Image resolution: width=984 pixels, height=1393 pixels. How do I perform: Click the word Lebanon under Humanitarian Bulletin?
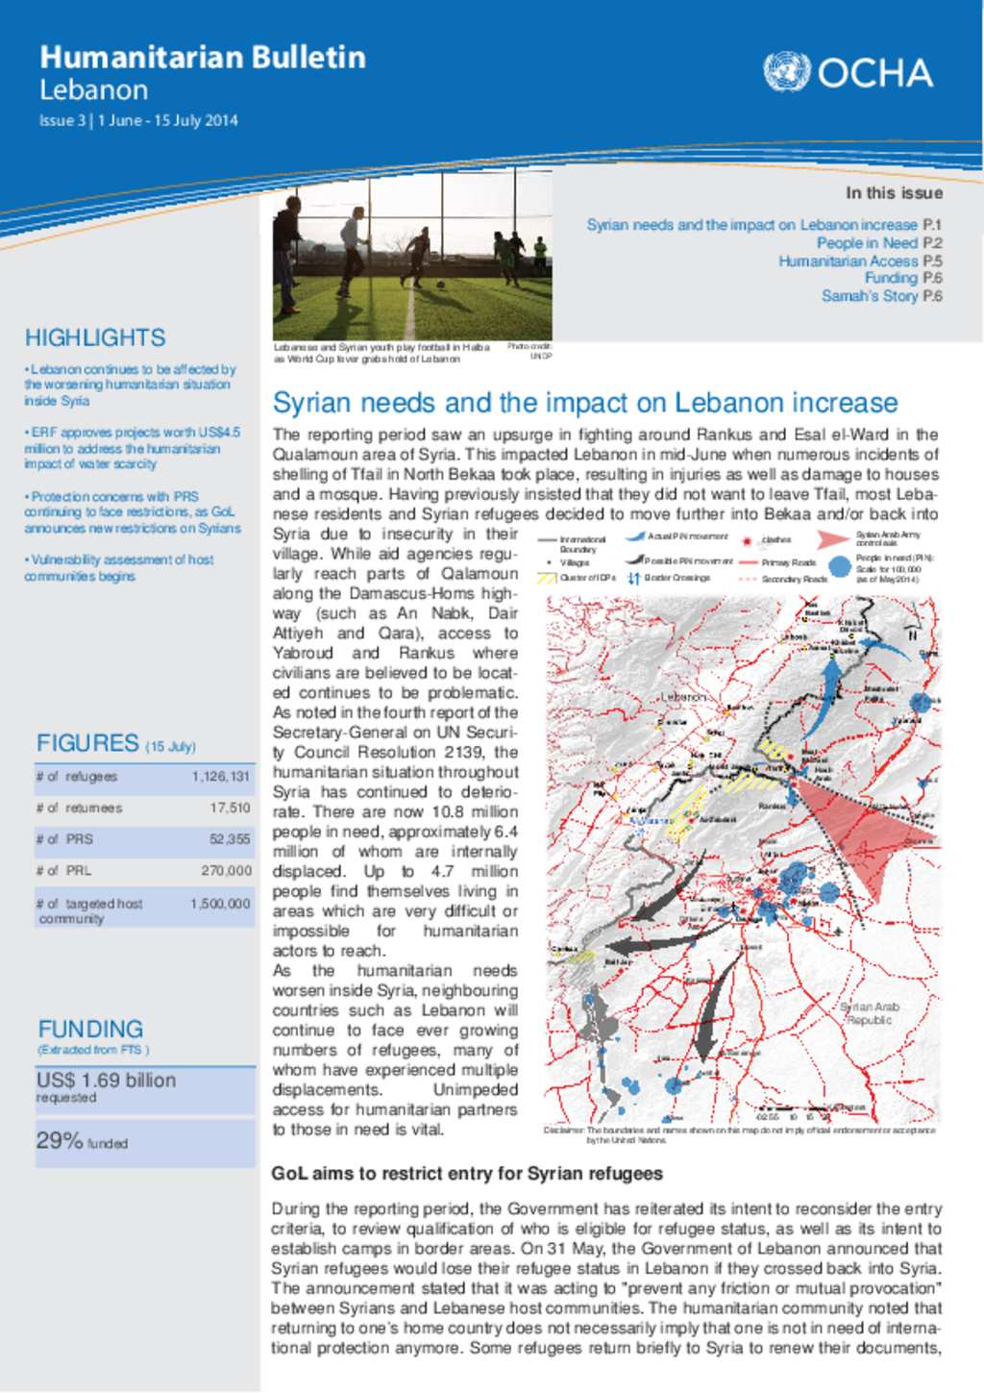click(93, 90)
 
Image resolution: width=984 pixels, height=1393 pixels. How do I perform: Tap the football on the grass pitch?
click(440, 285)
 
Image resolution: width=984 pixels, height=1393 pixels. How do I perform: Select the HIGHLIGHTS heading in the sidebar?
click(95, 337)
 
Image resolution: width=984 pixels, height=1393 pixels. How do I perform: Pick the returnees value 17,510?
click(230, 808)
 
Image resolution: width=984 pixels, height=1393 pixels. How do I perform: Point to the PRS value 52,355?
click(230, 839)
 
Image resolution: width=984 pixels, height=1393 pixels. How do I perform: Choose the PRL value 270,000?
click(226, 871)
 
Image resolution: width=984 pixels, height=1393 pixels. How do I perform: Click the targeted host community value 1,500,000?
click(220, 904)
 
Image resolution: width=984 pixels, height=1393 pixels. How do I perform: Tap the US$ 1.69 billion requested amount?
click(106, 1081)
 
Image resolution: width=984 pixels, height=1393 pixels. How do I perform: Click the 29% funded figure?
click(60, 1141)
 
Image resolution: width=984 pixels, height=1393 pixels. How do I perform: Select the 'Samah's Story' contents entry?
click(869, 296)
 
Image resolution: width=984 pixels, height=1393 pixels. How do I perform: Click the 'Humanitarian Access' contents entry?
click(848, 261)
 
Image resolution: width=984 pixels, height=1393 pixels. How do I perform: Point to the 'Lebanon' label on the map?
click(683, 696)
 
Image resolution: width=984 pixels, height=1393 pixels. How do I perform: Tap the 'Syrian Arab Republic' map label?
click(870, 1013)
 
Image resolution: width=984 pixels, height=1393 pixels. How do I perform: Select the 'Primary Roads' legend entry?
click(788, 562)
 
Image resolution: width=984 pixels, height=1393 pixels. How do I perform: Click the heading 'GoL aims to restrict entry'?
click(467, 1174)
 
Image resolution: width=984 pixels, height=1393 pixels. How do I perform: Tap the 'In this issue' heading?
click(893, 193)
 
